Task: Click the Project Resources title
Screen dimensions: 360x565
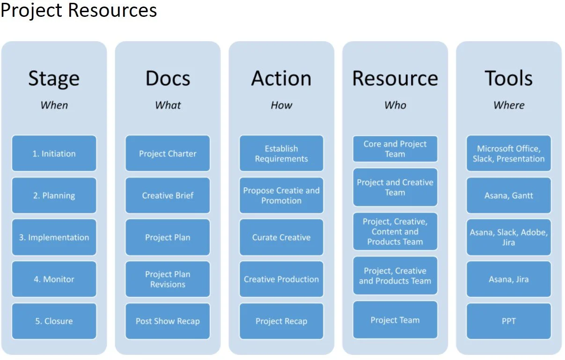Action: click(x=79, y=10)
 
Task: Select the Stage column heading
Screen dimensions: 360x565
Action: click(x=54, y=78)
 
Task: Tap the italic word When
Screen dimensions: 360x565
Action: click(x=54, y=105)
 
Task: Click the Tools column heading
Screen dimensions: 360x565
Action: click(x=508, y=78)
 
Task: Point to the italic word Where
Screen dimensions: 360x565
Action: click(x=508, y=105)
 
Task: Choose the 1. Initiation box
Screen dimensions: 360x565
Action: click(x=54, y=154)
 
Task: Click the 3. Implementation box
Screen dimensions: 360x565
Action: click(x=54, y=237)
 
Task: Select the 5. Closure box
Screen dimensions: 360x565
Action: click(x=54, y=321)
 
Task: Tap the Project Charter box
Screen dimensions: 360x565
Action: click(x=168, y=154)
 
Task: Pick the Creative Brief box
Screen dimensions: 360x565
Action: click(x=168, y=196)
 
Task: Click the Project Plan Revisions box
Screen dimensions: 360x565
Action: click(x=168, y=279)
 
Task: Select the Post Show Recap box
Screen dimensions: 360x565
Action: click(x=168, y=321)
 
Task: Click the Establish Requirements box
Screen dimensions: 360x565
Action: click(x=281, y=154)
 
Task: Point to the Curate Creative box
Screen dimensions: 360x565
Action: click(x=281, y=237)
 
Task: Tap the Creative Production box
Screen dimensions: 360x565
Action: click(x=281, y=279)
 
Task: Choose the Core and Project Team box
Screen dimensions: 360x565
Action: click(x=395, y=149)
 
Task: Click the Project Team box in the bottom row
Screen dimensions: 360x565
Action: click(x=395, y=320)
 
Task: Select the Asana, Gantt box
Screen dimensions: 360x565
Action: click(x=508, y=196)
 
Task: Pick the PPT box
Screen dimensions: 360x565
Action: click(x=508, y=321)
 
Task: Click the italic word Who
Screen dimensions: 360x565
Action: click(x=395, y=105)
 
